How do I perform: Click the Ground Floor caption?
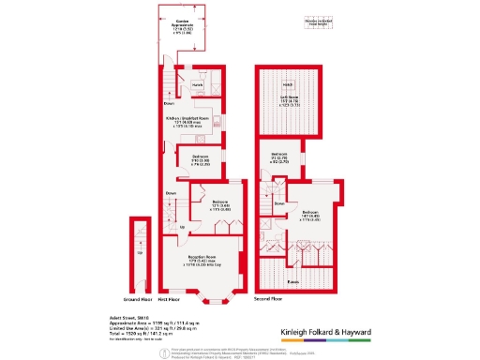tap(140, 300)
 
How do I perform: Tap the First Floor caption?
tap(168, 300)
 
